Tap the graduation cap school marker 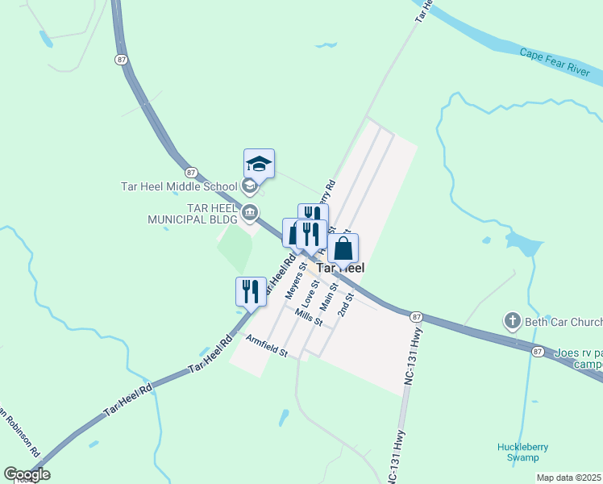pyautogui.click(x=260, y=164)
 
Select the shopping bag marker pyautogui.click(x=343, y=248)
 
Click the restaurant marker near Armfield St pyautogui.click(x=251, y=292)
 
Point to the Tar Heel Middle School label pyautogui.click(x=179, y=186)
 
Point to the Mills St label pyautogui.click(x=309, y=317)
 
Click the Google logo pyautogui.click(x=27, y=474)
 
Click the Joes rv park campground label pyautogui.click(x=578, y=358)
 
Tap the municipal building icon pyautogui.click(x=250, y=214)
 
